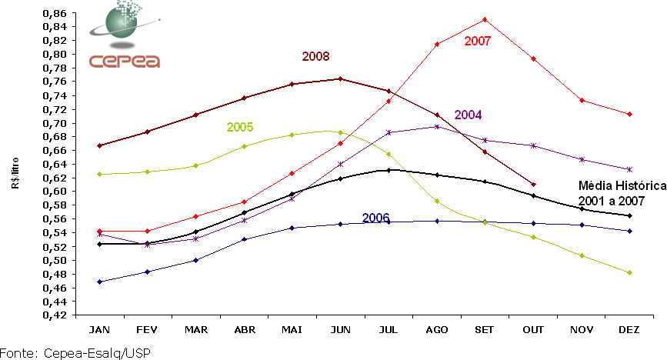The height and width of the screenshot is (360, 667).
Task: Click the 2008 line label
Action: pyautogui.click(x=316, y=56)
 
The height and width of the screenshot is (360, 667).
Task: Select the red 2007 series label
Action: pyautogui.click(x=478, y=41)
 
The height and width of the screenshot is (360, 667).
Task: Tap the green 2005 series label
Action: pyautogui.click(x=240, y=127)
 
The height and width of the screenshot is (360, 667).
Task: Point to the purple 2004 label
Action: pyautogui.click(x=468, y=115)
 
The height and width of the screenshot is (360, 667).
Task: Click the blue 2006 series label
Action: pyautogui.click(x=375, y=218)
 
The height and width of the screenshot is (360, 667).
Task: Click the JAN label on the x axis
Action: pyautogui.click(x=99, y=329)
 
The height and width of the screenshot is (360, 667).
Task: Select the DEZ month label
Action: pyautogui.click(x=630, y=329)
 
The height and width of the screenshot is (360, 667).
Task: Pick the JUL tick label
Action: pyautogui.click(x=389, y=329)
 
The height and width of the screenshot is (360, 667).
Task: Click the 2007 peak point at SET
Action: pyautogui.click(x=485, y=19)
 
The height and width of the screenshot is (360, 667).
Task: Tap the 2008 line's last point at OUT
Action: pyautogui.click(x=533, y=185)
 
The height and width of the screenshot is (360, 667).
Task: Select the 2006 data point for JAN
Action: pyautogui.click(x=99, y=282)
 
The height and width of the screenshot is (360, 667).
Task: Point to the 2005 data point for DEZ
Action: pyautogui.click(x=630, y=272)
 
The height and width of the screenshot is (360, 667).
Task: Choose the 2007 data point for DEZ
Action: pyautogui.click(x=630, y=114)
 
